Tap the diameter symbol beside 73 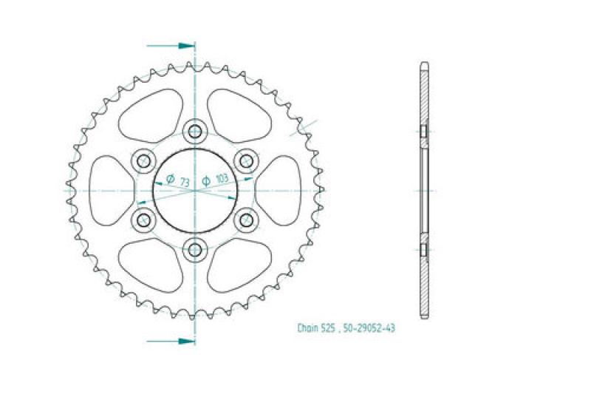pos(170,179)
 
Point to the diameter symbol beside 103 pos(207,179)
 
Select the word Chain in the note pos(307,328)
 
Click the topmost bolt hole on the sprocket pos(195,132)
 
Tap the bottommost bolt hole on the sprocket pos(195,248)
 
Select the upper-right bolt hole pos(245,160)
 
